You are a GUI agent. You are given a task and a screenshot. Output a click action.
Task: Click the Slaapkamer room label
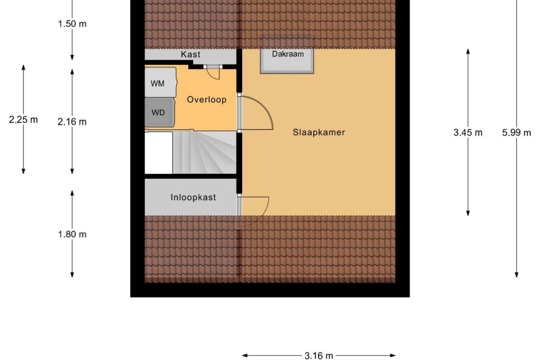[319, 132]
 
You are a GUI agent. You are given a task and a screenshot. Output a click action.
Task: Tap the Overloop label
[207, 100]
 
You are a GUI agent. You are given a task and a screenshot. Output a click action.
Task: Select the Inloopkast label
[193, 197]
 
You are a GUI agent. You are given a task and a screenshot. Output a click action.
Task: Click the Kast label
[190, 54]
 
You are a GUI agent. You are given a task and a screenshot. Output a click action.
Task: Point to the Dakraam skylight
[287, 54]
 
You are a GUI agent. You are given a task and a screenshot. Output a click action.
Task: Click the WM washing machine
[161, 82]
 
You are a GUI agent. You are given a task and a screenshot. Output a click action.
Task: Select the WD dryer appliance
[159, 112]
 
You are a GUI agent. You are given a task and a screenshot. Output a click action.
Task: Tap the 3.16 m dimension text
[319, 356]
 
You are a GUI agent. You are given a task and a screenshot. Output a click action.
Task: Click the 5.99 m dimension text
[517, 132]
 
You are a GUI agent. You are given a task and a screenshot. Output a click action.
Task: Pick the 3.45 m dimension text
[468, 132]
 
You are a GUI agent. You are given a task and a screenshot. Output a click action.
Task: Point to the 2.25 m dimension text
[23, 120]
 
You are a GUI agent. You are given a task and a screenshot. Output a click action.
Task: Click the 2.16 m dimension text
[72, 122]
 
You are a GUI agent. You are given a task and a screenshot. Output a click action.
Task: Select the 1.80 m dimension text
[72, 234]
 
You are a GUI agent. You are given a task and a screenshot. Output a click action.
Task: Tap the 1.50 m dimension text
[72, 24]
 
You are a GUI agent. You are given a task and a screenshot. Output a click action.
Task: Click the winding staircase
[204, 152]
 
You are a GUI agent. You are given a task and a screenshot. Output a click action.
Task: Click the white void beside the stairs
[158, 153]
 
